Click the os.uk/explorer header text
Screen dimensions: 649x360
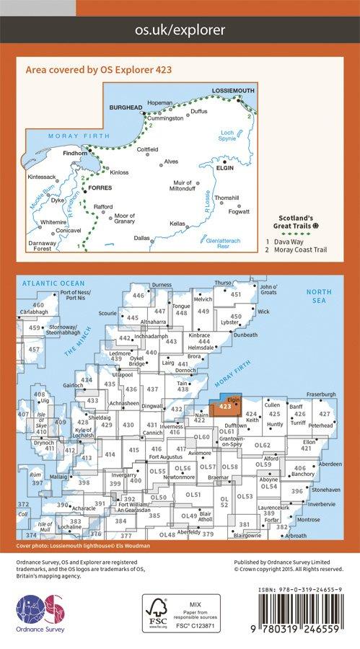[x=180, y=30]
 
